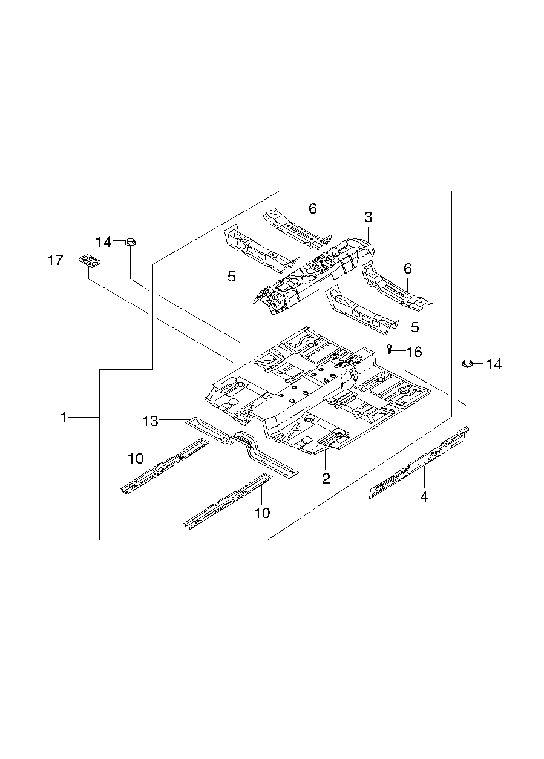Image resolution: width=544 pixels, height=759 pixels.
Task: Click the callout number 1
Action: (x=64, y=418)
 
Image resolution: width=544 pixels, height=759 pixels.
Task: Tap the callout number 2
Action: (x=326, y=479)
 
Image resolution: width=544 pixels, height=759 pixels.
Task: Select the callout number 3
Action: (x=368, y=217)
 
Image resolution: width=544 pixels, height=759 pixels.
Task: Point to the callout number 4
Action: (x=424, y=497)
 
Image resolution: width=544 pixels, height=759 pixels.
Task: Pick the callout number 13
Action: (x=150, y=421)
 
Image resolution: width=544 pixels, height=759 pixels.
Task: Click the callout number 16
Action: (x=414, y=352)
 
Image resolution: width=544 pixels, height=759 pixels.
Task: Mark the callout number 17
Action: (x=55, y=261)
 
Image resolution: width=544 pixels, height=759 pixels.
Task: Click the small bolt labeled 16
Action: (x=390, y=348)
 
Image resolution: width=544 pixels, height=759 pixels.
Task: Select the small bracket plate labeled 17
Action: (x=90, y=261)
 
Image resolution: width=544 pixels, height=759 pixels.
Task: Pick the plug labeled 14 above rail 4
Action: (x=467, y=363)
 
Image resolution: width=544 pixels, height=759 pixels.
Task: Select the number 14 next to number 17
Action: (x=103, y=243)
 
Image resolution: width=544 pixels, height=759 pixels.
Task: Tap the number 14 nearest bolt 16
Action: (x=494, y=364)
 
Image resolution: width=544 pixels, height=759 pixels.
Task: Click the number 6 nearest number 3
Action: (x=312, y=209)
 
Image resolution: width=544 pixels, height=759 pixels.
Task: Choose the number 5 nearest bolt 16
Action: (x=415, y=327)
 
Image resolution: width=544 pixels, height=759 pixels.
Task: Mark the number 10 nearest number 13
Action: (x=136, y=459)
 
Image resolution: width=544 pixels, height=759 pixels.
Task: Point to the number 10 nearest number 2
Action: (x=262, y=513)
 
